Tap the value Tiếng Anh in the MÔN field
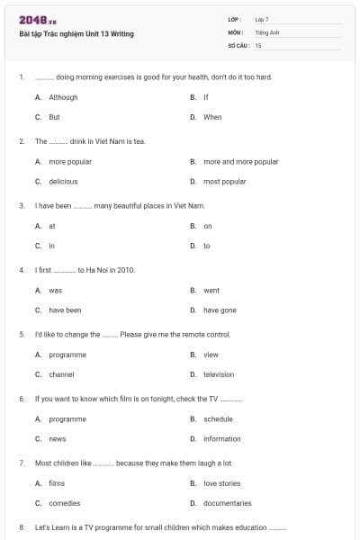coord(268,31)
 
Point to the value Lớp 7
coord(262,19)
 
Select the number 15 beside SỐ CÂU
coord(258,44)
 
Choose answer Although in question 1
coord(63,97)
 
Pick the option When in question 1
coord(212,117)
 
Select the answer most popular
coord(224,182)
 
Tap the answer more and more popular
coord(240,162)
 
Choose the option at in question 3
coord(52,226)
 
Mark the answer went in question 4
coord(211,291)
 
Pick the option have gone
coord(220,310)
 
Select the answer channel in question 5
coord(61,374)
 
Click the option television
coord(219,374)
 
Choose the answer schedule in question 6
coord(218,419)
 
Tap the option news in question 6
coord(57,439)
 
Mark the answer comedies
coord(64,503)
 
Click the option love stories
coord(221,483)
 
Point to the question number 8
coord(22,527)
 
